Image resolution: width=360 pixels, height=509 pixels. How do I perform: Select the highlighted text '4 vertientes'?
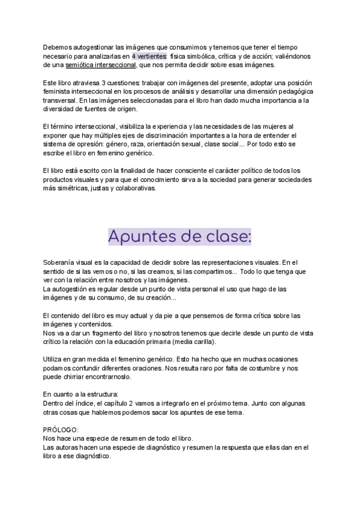pyautogui.click(x=150, y=56)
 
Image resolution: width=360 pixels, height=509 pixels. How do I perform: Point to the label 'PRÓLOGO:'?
pyautogui.click(x=61, y=430)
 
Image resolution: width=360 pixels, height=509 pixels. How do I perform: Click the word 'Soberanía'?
pyautogui.click(x=61, y=262)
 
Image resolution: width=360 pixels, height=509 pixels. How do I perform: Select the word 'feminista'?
pyautogui.click(x=58, y=91)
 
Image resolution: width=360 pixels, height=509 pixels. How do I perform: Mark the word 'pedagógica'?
pyautogui.click(x=291, y=91)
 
